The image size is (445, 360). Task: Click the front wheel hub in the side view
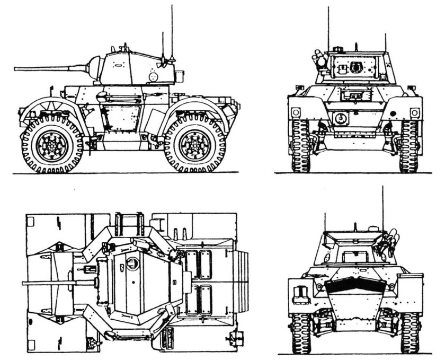pos(52,144)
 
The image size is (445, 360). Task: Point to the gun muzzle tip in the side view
pos(16,68)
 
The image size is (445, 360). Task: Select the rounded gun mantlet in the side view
pos(95,67)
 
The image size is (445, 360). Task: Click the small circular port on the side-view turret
pos(154,77)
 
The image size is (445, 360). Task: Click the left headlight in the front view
pos(296,112)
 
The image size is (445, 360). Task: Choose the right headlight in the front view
pos(414,112)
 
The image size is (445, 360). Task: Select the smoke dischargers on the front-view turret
pos(319,60)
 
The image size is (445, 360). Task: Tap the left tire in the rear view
pos(300,333)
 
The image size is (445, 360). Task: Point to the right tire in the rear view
pos(409,333)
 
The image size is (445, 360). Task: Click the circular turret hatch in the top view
pos(132,262)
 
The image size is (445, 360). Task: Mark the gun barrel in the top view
pos(58,283)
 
